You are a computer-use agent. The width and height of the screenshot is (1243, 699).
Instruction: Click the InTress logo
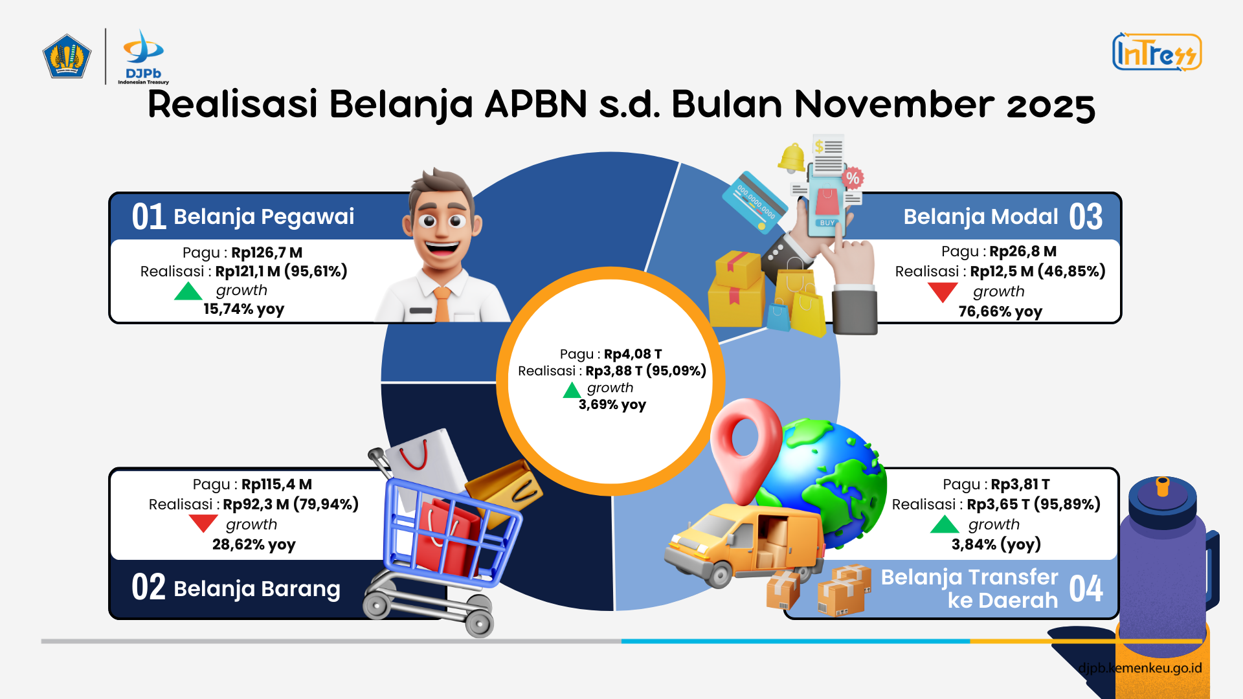click(x=1157, y=52)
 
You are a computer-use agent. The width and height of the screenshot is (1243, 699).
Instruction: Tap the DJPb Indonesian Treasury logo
click(x=143, y=57)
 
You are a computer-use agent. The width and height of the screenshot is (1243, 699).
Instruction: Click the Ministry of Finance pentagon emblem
click(x=67, y=56)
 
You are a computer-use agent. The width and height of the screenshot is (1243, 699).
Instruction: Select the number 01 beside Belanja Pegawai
click(x=149, y=216)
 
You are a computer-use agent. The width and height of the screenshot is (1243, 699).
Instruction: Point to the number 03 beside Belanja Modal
click(x=1086, y=216)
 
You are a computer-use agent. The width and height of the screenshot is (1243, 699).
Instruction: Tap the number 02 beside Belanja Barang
click(x=148, y=587)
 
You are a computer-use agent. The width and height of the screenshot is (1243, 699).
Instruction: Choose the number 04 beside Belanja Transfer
click(x=1086, y=588)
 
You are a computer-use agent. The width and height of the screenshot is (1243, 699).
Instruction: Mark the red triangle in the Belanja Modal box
click(x=943, y=293)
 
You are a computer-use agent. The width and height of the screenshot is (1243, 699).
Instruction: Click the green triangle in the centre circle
click(x=572, y=390)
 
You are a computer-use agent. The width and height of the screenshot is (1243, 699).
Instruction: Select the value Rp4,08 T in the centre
click(x=633, y=354)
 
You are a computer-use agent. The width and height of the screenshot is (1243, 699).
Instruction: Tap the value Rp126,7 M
click(x=267, y=252)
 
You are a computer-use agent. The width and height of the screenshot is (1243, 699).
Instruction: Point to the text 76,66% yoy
click(x=1000, y=311)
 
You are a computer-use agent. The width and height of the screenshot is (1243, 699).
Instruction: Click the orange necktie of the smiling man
click(x=442, y=304)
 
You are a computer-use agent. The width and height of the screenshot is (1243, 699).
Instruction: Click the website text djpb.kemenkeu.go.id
click(x=1140, y=668)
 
